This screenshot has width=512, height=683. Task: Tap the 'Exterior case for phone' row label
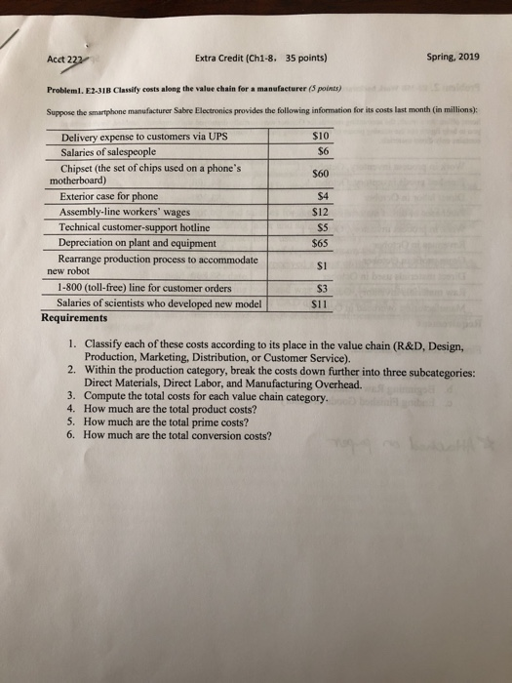pyautogui.click(x=108, y=197)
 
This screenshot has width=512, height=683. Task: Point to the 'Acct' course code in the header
pyautogui.click(x=58, y=58)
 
